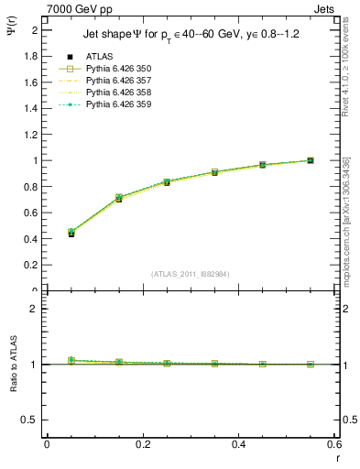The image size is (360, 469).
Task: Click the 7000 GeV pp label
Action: [x=73, y=8]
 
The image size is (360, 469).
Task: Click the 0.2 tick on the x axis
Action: [x=142, y=444]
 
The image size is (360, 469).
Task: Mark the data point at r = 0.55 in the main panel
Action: [x=311, y=160]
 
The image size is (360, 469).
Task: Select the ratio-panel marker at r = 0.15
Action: [x=119, y=363]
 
